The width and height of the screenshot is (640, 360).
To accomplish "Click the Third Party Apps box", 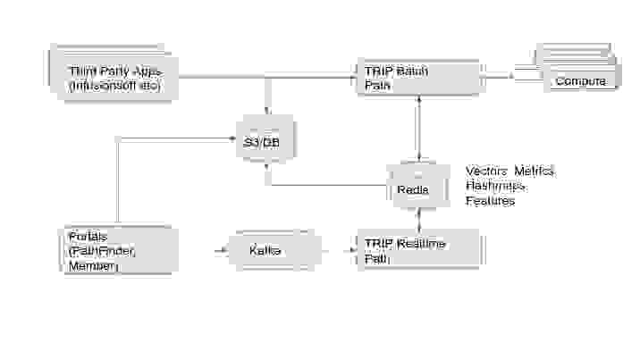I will (113, 77).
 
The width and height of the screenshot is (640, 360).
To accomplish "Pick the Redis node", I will (412, 188).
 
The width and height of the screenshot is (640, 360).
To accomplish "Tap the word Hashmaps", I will (495, 186).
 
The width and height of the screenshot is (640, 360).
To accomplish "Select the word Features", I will (490, 201).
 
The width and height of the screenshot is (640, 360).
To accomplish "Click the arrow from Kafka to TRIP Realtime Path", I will (338, 251).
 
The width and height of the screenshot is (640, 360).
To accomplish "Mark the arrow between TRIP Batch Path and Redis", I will (417, 129).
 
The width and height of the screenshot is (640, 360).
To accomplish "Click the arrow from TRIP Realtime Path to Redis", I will (418, 219).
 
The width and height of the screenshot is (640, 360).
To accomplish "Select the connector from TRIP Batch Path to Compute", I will (509, 77).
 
